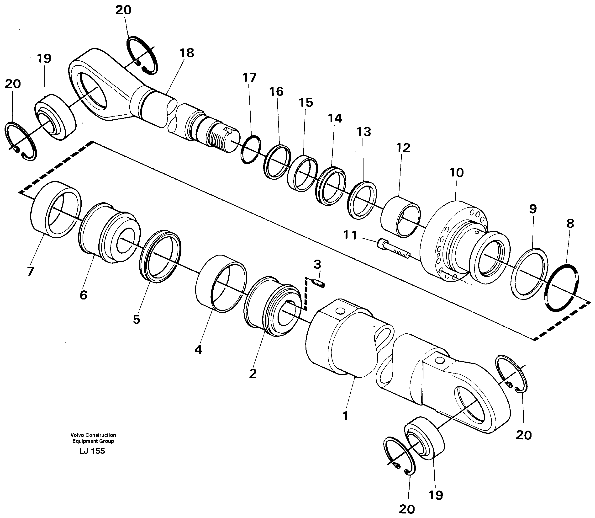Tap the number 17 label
(249, 78)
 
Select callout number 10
(456, 173)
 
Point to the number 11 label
(350, 235)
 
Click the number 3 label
(317, 264)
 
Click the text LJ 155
(92, 451)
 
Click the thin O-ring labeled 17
(250, 150)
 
